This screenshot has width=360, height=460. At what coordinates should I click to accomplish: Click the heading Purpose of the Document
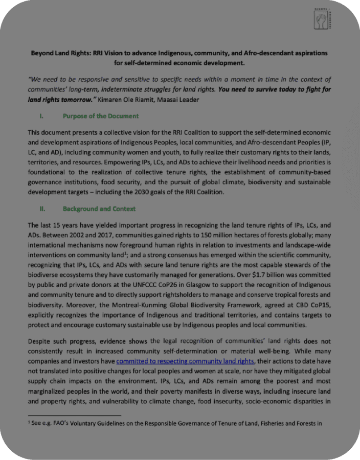tap(100, 116)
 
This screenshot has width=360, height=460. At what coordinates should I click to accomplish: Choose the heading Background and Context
tap(99, 209)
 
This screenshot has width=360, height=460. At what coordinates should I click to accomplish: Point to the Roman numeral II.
tap(43, 209)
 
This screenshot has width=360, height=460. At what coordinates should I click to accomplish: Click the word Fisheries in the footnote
tap(265, 423)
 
